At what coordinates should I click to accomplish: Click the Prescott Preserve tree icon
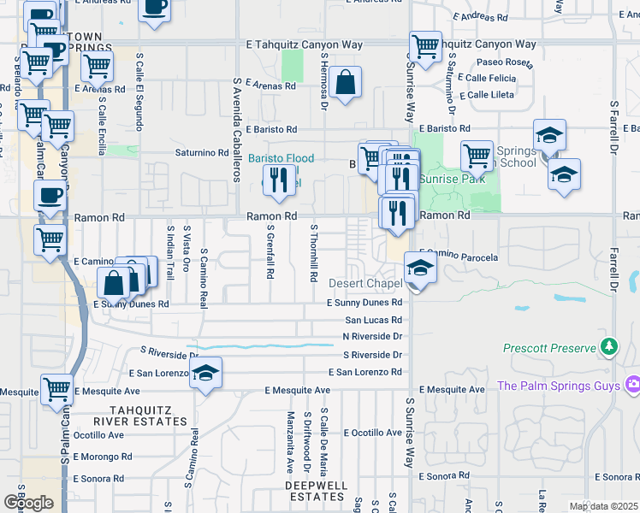point(608,347)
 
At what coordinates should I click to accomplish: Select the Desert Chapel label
point(365,283)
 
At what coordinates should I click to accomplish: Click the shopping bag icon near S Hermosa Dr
point(346,84)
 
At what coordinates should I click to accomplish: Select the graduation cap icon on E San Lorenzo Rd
point(205,373)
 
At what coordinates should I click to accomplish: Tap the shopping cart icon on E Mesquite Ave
point(56,389)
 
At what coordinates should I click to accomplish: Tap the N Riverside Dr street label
point(371,337)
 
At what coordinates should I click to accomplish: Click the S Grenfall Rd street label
point(270,253)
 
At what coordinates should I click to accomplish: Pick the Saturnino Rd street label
point(200,153)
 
